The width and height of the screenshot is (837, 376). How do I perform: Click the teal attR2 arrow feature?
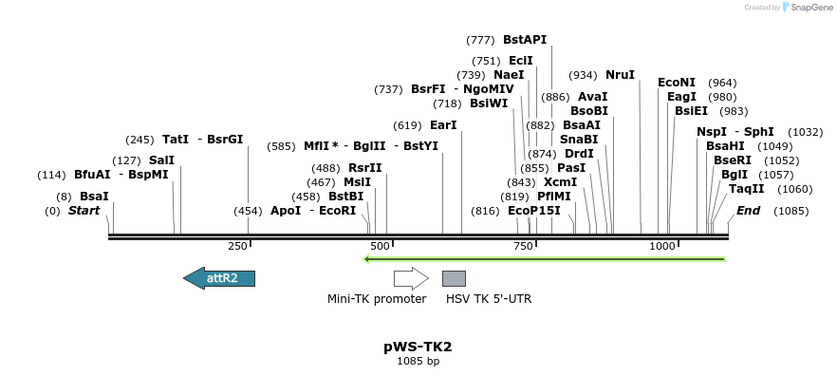(219, 277)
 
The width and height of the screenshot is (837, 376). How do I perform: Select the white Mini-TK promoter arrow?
(411, 278)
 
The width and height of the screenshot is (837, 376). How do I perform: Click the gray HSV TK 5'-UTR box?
(454, 278)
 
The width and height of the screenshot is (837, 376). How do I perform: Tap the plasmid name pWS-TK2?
(418, 347)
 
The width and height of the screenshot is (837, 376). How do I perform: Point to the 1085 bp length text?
(418, 361)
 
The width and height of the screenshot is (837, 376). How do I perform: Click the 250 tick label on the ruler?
(237, 247)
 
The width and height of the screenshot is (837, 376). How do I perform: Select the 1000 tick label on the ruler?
(662, 247)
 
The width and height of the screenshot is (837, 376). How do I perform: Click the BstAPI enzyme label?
(525, 40)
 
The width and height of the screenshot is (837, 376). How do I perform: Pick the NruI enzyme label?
(620, 75)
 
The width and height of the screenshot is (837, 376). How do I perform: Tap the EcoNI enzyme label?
(677, 83)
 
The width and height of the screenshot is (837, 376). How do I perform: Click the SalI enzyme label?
(161, 160)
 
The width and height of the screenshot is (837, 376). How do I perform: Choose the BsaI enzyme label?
(94, 196)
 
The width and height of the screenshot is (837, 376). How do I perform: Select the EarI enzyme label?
(443, 125)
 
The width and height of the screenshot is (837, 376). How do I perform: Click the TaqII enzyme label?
(746, 189)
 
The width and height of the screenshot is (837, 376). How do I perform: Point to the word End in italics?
(748, 210)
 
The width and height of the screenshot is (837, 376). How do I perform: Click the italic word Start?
(84, 210)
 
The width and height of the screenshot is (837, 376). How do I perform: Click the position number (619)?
(407, 125)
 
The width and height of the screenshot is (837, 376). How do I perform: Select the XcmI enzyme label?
(560, 182)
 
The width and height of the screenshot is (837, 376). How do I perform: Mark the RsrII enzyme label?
(364, 168)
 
